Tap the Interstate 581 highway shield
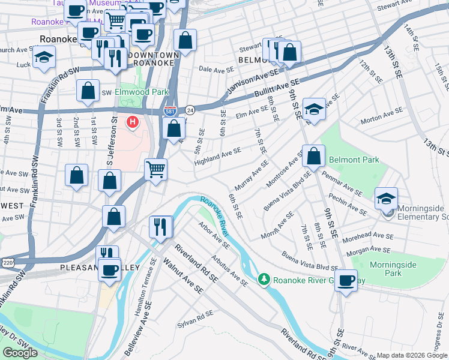point(170,111)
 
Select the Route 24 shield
point(190,110)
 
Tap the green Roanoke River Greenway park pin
point(263,280)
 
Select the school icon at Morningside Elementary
point(386,198)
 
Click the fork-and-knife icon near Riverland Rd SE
point(160,226)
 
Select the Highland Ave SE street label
point(217,155)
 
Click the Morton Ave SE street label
point(381,116)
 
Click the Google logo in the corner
point(20,353)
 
